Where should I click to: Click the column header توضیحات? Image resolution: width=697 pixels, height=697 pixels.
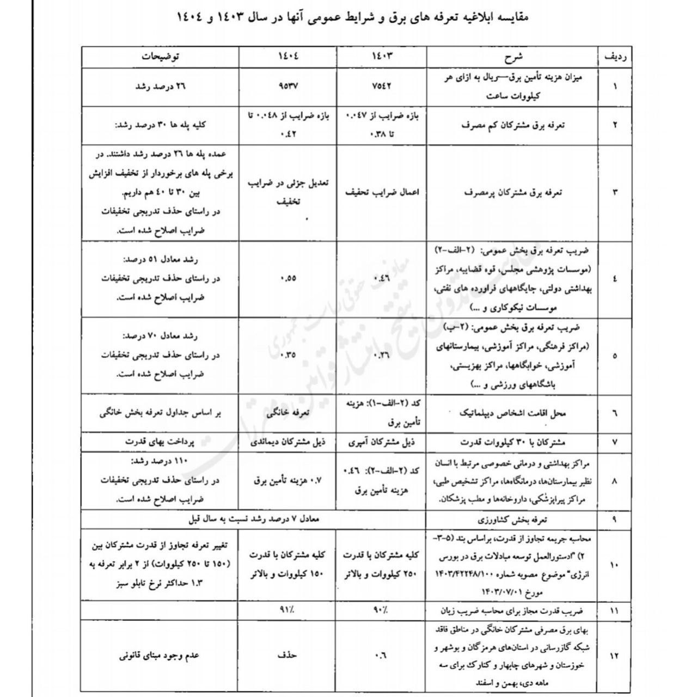[x=161, y=57]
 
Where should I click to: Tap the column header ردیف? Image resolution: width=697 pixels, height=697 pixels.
[x=614, y=57]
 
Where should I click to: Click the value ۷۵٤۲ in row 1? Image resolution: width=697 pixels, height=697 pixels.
[x=382, y=86]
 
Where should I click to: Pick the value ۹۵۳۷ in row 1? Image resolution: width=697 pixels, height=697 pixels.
[x=289, y=86]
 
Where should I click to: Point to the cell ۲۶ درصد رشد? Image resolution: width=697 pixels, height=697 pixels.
[x=161, y=86]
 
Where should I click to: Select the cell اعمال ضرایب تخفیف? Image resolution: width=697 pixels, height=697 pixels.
[x=382, y=192]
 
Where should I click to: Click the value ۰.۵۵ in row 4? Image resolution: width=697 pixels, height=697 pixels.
[x=289, y=278]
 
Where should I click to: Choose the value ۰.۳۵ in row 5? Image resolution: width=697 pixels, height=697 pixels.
[x=289, y=356]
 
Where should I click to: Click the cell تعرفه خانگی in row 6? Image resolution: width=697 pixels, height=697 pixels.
[x=289, y=413]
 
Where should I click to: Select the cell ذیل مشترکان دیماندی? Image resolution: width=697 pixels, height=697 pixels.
[x=289, y=442]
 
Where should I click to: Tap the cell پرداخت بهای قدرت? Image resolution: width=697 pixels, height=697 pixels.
[x=161, y=442]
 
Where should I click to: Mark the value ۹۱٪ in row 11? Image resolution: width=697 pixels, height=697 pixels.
[x=289, y=610]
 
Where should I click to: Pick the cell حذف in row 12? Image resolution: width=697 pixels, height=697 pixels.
[x=289, y=656]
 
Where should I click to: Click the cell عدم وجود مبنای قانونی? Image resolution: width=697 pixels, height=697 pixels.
[x=161, y=656]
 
